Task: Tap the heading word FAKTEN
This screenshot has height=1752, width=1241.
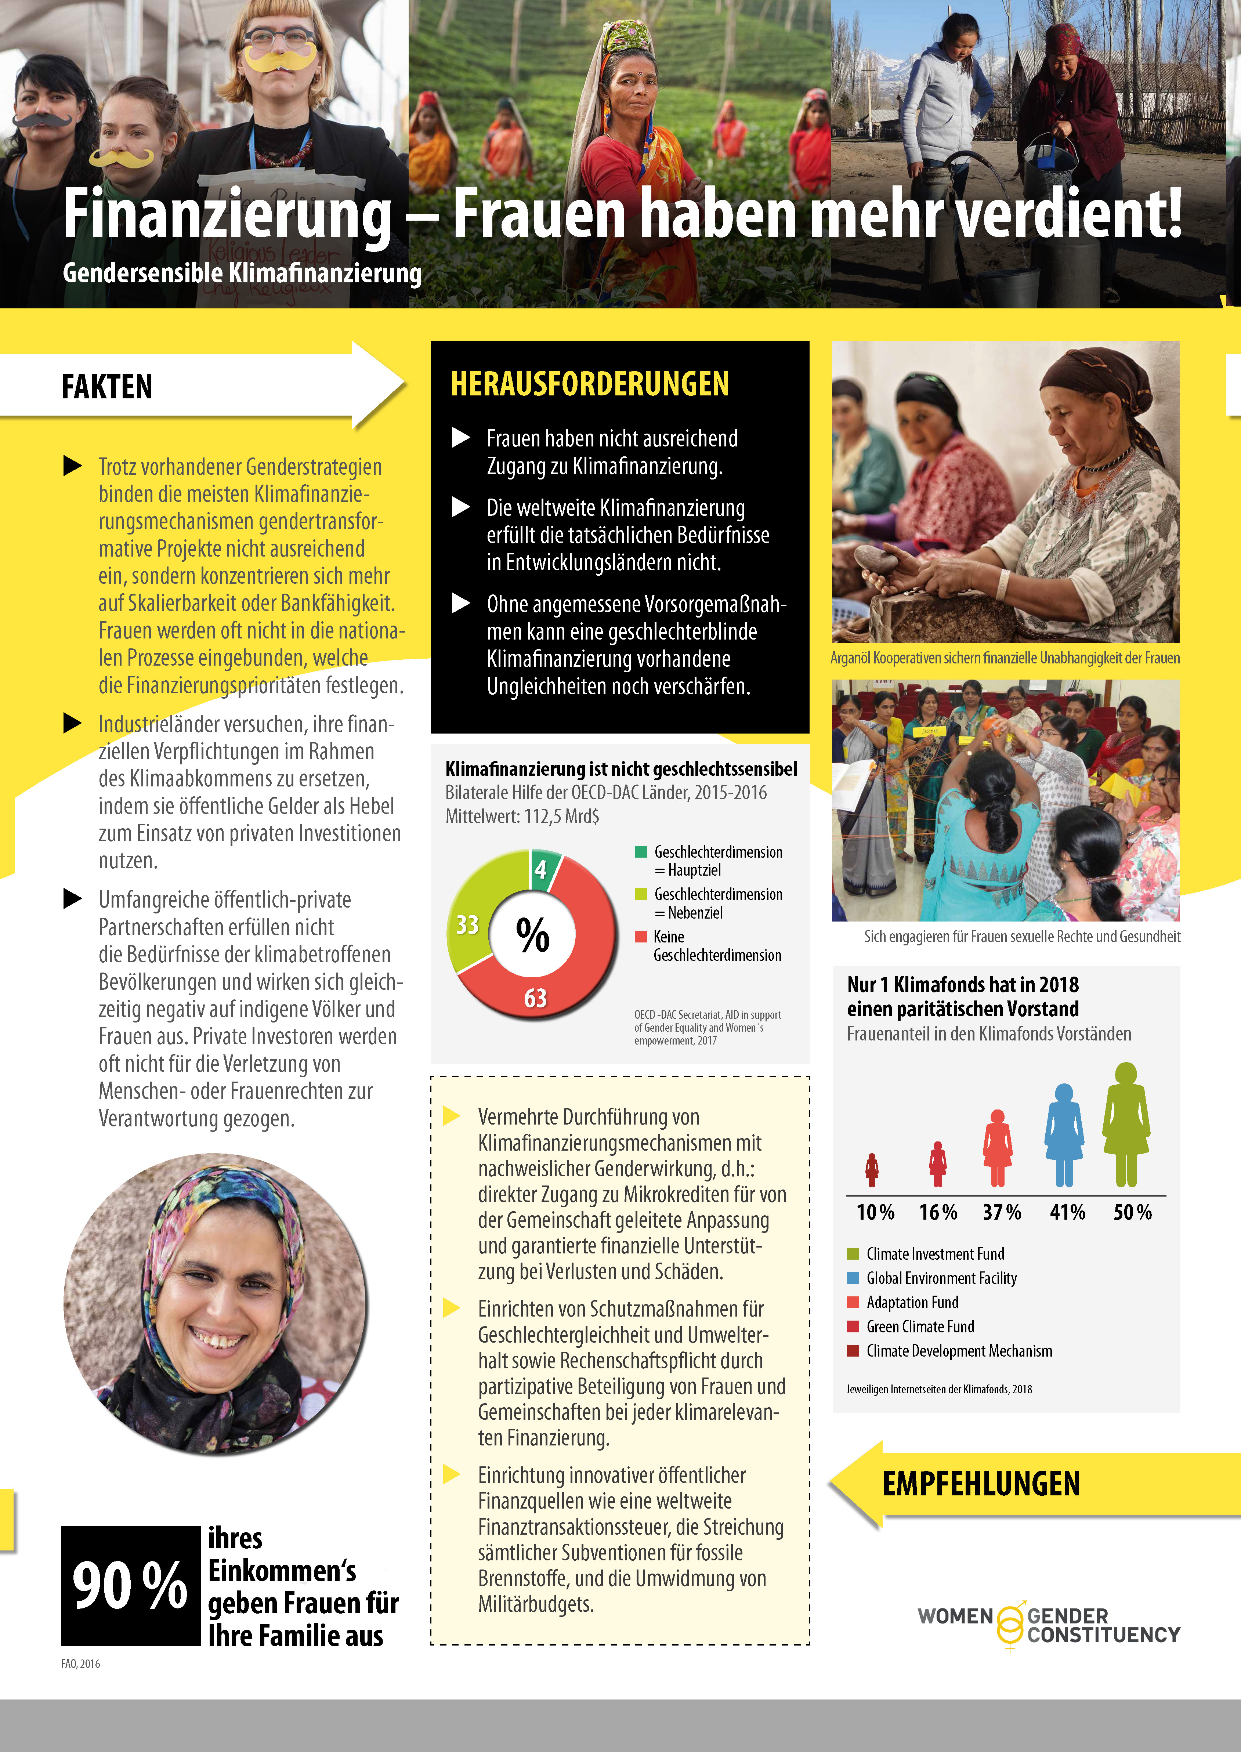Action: pos(107,387)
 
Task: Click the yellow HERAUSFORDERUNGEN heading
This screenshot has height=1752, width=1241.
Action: pos(589,384)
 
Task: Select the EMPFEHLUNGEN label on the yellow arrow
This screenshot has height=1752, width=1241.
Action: pos(981,1484)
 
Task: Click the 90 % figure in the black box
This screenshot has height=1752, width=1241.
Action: pos(130,1585)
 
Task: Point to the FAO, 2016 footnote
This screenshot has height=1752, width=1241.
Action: pos(80,1664)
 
